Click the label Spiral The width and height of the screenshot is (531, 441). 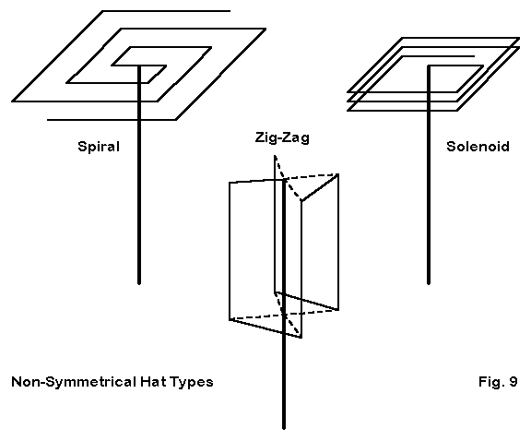coord(99,147)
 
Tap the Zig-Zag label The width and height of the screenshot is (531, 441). coord(282,138)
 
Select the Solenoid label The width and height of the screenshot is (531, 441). coord(478,147)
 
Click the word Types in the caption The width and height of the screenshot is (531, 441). coord(192,382)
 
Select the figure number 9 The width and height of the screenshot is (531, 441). coord(513,382)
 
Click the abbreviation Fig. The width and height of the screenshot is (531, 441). coord(491,382)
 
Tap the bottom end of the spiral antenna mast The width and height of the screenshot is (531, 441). coord(139,283)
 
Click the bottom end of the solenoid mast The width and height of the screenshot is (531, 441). coord(429,283)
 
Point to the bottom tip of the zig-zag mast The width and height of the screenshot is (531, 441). coord(284,428)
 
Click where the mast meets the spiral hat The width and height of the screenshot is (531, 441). coord(139,66)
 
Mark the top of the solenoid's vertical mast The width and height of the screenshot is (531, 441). coord(429,66)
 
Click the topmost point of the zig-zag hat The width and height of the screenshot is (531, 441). coord(275,156)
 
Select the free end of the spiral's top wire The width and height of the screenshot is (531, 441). coord(230,11)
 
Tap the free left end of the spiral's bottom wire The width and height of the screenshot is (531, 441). coord(47,120)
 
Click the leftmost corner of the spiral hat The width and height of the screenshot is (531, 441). coord(13,101)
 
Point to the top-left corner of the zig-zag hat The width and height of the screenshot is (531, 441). coord(230,183)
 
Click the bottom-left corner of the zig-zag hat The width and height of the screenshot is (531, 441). coord(230,319)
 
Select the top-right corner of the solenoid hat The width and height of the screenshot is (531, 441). coord(519,38)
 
